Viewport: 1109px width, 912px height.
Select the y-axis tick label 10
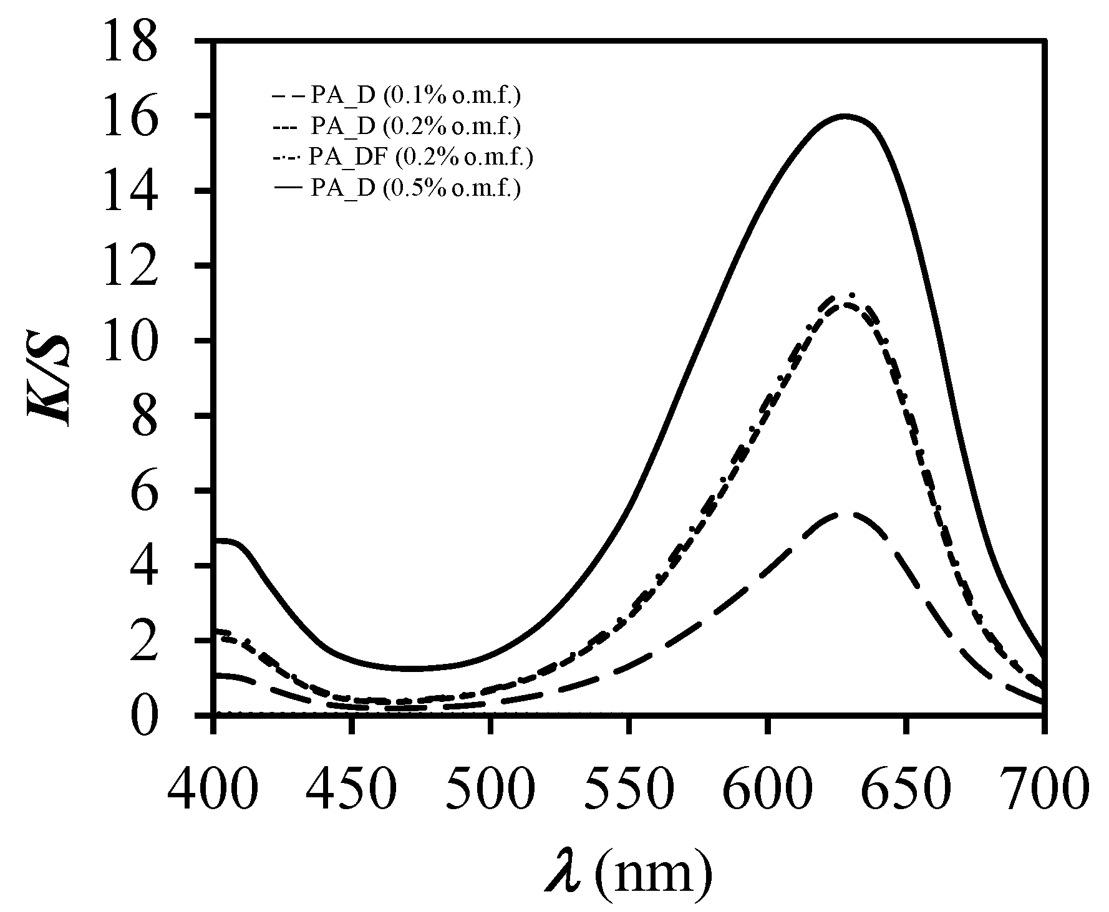pyautogui.click(x=131, y=340)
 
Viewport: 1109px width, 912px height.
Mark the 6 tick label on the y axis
pyautogui.click(x=145, y=491)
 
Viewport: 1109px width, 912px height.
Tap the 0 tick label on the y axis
pyautogui.click(x=145, y=715)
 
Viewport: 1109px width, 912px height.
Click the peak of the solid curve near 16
pyautogui.click(x=845, y=115)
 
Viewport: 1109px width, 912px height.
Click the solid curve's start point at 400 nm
pyautogui.click(x=215, y=540)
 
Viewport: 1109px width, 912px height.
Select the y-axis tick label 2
pyautogui.click(x=145, y=640)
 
